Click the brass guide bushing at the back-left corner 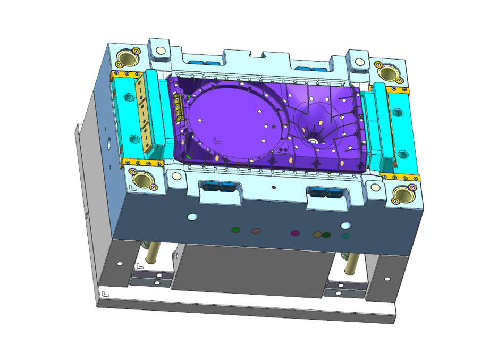[x=127, y=57]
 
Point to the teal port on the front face [x=345, y=236]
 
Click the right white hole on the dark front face [x=345, y=225]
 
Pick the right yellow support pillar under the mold [x=351, y=261]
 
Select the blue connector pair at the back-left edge [x=204, y=63]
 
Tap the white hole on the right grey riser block [x=386, y=279]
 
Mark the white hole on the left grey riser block [x=120, y=263]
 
